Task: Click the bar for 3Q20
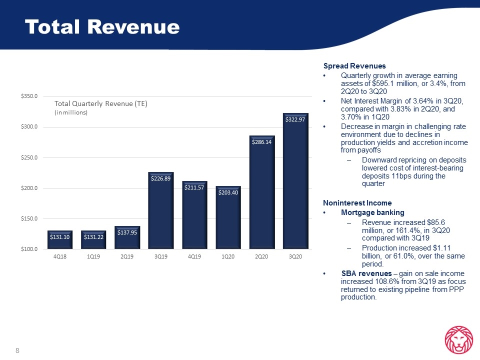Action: click(295, 181)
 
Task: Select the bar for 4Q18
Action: click(60, 239)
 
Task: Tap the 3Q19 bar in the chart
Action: click(160, 210)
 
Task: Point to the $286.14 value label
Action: click(261, 142)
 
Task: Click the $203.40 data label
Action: click(228, 192)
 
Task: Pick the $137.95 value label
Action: click(127, 232)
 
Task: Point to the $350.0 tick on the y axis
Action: click(29, 96)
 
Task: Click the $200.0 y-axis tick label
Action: click(29, 188)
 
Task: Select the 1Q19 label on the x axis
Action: click(93, 256)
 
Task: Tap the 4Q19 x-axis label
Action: click(194, 256)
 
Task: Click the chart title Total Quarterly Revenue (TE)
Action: click(101, 104)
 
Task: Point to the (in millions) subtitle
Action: click(71, 112)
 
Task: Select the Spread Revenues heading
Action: click(354, 66)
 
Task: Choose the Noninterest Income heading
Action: click(357, 203)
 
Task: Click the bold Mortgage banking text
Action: click(372, 212)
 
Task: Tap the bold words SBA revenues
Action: click(366, 273)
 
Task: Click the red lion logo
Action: click(459, 340)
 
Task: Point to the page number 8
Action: click(17, 350)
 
